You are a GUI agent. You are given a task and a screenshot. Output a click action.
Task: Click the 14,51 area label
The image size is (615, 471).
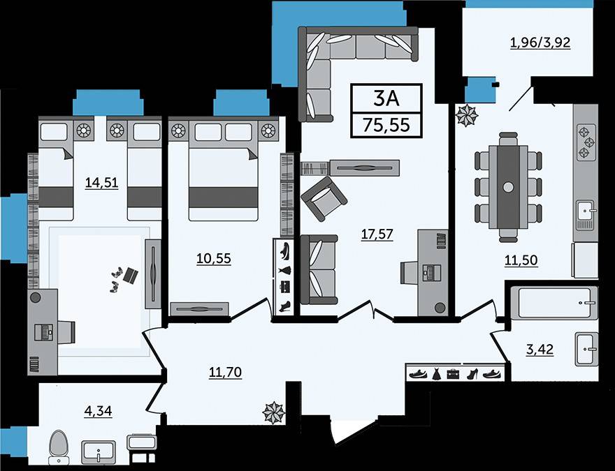coord(101,183)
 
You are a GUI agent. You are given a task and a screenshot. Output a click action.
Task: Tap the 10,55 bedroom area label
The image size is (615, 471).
coord(214,258)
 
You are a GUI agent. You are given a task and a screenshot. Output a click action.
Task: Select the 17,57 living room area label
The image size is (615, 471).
coord(377,234)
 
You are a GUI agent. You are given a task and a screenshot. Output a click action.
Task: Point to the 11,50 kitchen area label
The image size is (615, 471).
coord(521,260)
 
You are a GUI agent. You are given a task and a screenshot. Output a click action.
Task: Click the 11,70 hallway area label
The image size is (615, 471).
coord(225,372)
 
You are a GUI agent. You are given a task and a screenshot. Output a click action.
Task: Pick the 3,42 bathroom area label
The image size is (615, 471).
coord(540,349)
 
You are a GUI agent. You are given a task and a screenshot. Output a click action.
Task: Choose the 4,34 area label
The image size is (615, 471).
coord(98,411)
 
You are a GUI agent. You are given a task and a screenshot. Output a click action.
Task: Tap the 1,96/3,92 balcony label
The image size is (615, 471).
coord(540,43)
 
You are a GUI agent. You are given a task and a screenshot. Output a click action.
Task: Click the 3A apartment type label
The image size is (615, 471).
coord(386,98)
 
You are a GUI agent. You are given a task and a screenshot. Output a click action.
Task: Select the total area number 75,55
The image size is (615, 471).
coord(386,126)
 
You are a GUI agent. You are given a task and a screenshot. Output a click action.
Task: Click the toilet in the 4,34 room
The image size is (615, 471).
coord(59,447)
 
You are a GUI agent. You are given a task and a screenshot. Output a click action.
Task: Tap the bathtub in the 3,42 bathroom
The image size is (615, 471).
coord(553,303)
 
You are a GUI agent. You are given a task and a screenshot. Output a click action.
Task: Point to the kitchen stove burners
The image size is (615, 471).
coord(586,142)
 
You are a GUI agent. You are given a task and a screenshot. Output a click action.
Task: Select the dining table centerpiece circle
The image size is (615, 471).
coord(508,187)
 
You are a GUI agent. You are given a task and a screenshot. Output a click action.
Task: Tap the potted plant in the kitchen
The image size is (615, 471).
coord(467,116)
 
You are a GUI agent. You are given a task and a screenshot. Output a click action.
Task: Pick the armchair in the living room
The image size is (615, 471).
coord(324,198)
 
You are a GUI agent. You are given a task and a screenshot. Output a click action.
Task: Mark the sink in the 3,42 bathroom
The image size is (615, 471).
coord(587,349)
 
